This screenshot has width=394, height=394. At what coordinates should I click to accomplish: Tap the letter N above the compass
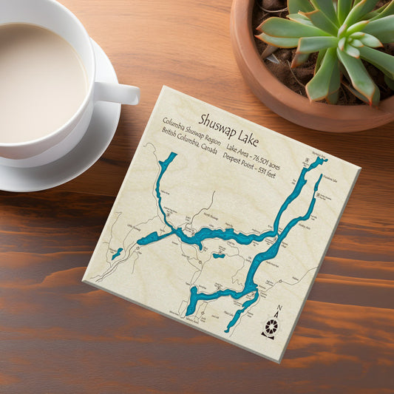pos(278,309)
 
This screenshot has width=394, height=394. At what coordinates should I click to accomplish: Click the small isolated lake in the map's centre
pos(219,256)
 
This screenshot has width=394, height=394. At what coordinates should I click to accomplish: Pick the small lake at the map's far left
pos(116,254)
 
